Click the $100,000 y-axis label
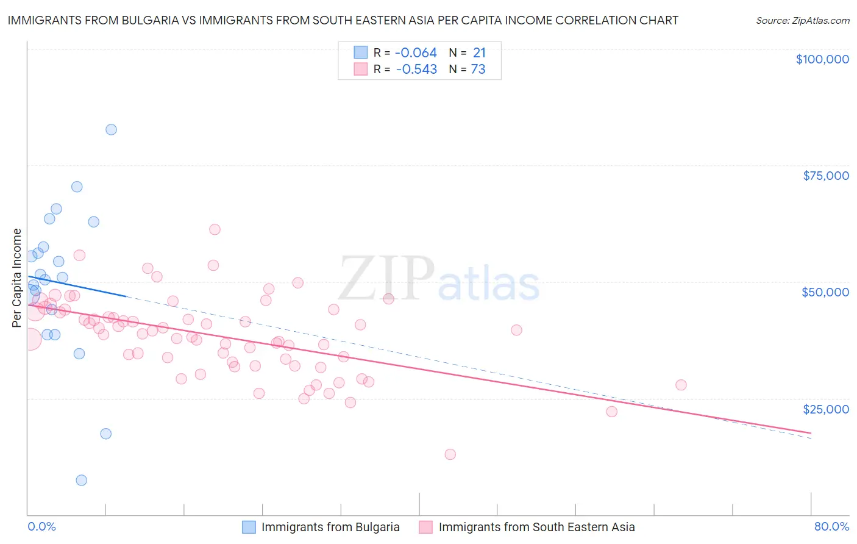pyautogui.click(x=822, y=59)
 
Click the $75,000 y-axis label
pyautogui.click(x=825, y=176)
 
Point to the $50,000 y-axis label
pyautogui.click(x=825, y=292)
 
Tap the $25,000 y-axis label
pyautogui.click(x=825, y=409)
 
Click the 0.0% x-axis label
pyautogui.click(x=41, y=526)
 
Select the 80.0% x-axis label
pyautogui.click(x=831, y=526)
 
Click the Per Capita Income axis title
pyautogui.click(x=16, y=278)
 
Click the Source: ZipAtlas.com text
pyautogui.click(x=802, y=20)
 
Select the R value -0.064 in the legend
pyautogui.click(x=416, y=53)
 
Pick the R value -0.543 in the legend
pyautogui.click(x=416, y=70)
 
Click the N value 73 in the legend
pyautogui.click(x=478, y=70)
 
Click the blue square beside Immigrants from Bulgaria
pyautogui.click(x=249, y=527)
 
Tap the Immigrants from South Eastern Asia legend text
pyautogui.click(x=536, y=527)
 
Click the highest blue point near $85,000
pyautogui.click(x=111, y=129)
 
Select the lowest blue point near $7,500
pyautogui.click(x=81, y=480)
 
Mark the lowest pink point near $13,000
pyautogui.click(x=450, y=454)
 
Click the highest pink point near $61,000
pyautogui.click(x=215, y=229)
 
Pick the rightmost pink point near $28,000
pyautogui.click(x=681, y=385)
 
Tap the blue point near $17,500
pyautogui.click(x=105, y=434)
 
